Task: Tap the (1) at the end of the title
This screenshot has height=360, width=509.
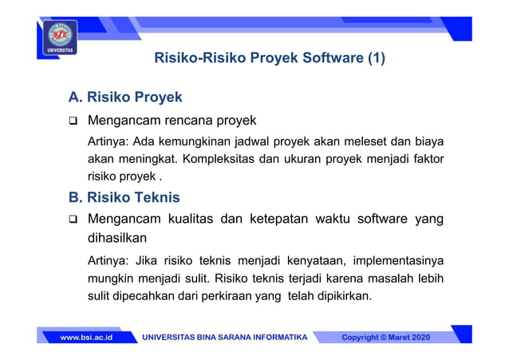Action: pyautogui.click(x=375, y=58)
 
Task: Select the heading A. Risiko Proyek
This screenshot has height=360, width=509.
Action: pyautogui.click(x=125, y=97)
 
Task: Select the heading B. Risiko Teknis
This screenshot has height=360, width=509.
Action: pyautogui.click(x=124, y=196)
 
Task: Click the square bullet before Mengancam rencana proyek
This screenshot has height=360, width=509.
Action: pyautogui.click(x=73, y=122)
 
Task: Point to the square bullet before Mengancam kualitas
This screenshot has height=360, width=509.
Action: pyautogui.click(x=73, y=218)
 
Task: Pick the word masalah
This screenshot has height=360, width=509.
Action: pyautogui.click(x=385, y=279)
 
